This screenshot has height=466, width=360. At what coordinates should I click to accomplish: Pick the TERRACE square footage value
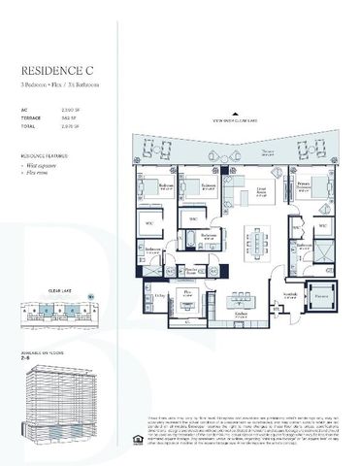(x=67, y=118)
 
